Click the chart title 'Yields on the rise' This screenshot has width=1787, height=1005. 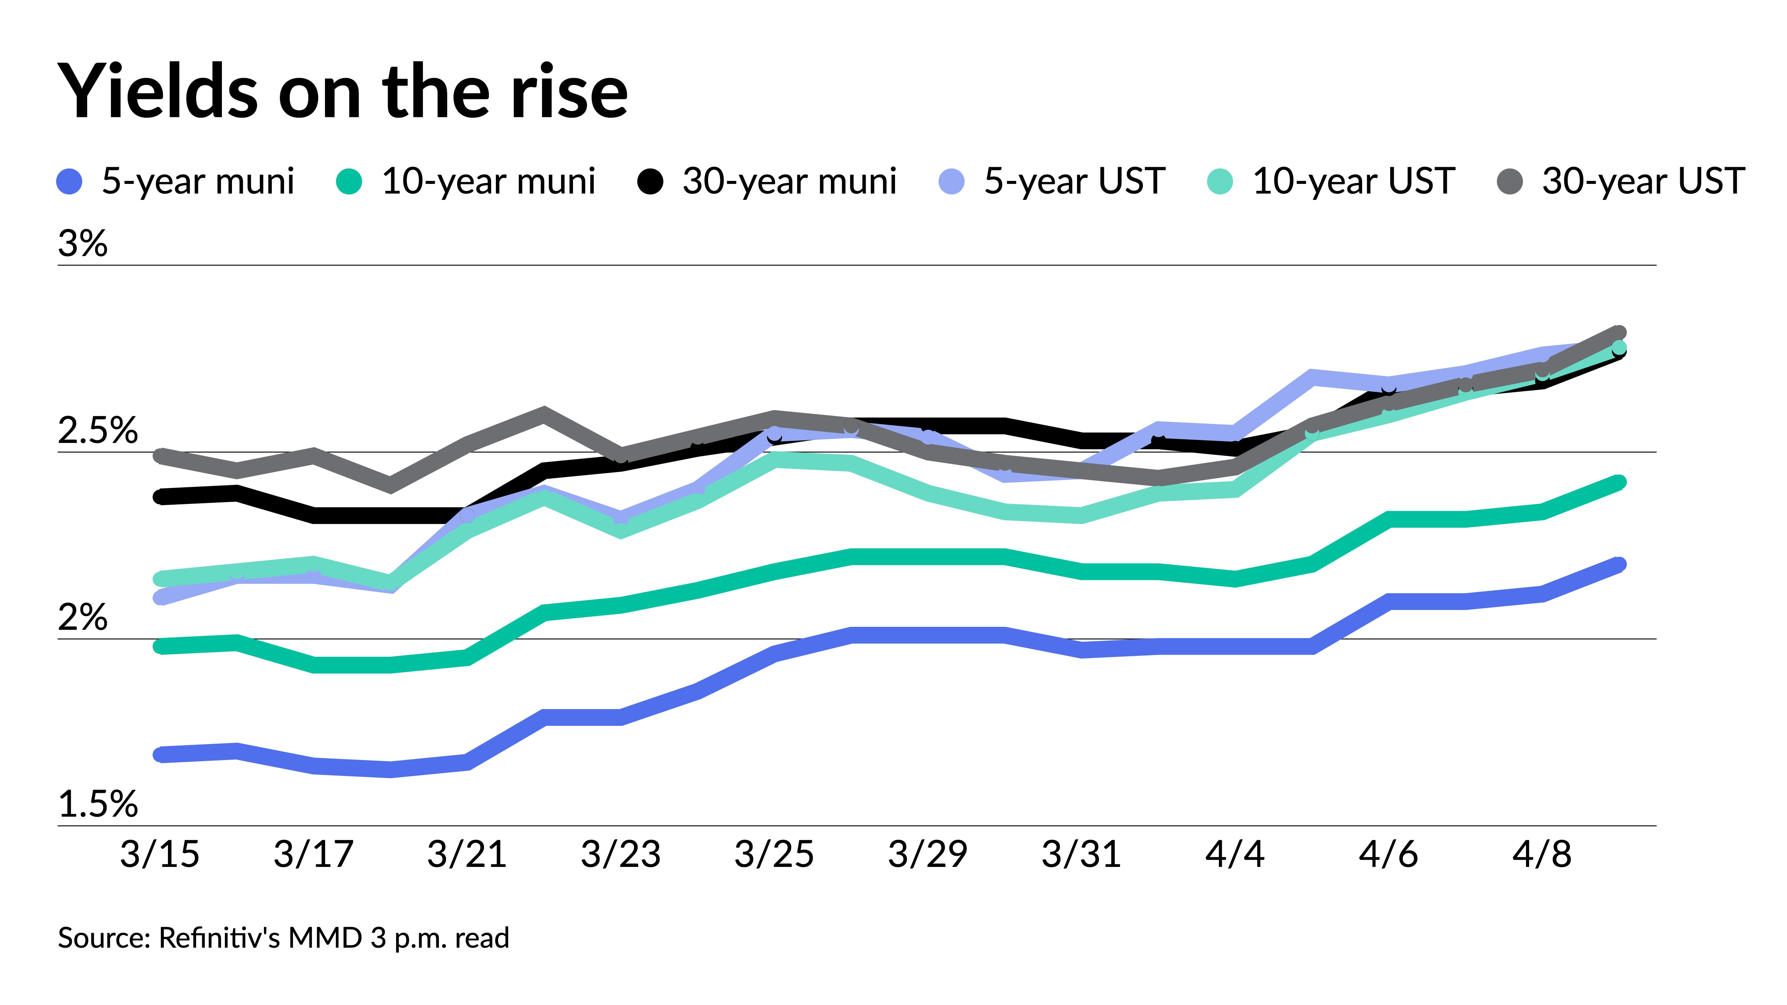pos(343,92)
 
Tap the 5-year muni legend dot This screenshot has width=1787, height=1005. pos(69,182)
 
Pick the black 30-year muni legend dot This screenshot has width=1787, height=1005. pos(650,182)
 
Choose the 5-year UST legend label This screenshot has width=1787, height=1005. pos(1074,182)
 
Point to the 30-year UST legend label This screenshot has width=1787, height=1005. pos(1643,182)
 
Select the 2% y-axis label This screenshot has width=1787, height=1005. pos(83,617)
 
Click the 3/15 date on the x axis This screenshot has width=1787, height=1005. pos(160,854)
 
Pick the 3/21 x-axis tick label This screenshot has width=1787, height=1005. pos(467,854)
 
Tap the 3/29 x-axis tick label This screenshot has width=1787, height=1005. pos(927,854)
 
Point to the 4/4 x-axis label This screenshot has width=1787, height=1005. pos(1235,854)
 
